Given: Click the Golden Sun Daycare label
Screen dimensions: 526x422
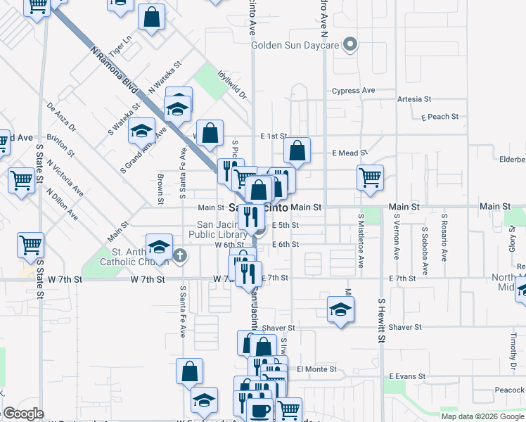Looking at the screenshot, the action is point(296,46).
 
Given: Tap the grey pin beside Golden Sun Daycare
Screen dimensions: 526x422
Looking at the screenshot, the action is point(349,46).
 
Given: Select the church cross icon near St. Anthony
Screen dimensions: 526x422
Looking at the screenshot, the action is point(181,255).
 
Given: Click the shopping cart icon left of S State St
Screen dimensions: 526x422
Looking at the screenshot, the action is point(30,245).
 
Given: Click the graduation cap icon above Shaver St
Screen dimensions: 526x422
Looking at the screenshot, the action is point(340,309).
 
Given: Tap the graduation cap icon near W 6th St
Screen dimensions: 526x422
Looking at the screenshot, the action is point(159,247).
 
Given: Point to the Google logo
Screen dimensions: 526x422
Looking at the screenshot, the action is point(23,414).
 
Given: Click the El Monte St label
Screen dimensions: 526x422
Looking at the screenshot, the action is point(317,369).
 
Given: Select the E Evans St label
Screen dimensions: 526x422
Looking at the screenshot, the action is point(407,376).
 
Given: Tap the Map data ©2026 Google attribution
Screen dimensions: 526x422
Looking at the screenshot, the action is point(482,416).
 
